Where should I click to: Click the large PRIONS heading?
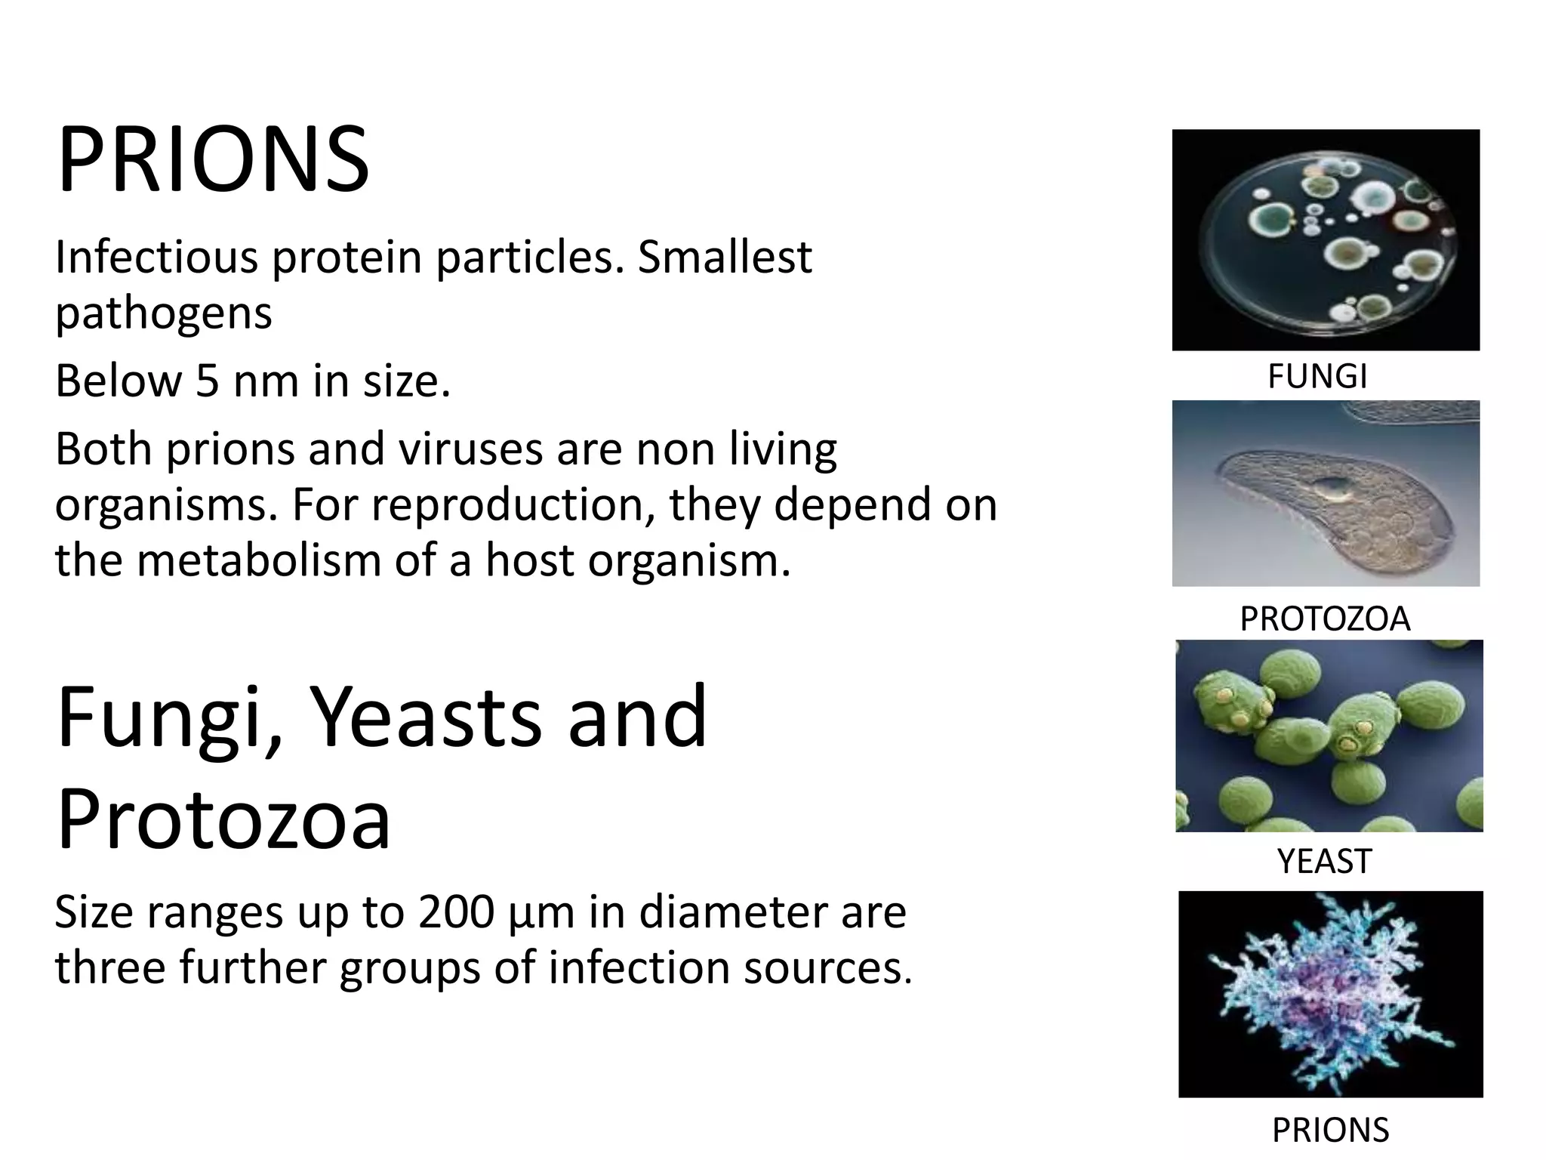pos(213,161)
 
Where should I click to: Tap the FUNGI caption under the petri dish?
pos(1317,376)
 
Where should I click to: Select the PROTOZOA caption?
pos(1325,619)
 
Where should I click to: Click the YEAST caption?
pos(1324,861)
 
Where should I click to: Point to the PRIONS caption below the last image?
pos(1330,1131)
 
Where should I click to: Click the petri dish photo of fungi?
pos(1326,240)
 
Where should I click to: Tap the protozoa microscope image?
pos(1326,494)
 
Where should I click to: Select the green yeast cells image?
pos(1329,736)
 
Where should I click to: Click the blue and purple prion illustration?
pos(1330,994)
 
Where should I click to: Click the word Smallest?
pos(725,258)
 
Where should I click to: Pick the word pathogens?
pos(163,313)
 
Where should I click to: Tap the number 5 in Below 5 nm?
pos(207,381)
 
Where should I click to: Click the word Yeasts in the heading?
pos(425,716)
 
